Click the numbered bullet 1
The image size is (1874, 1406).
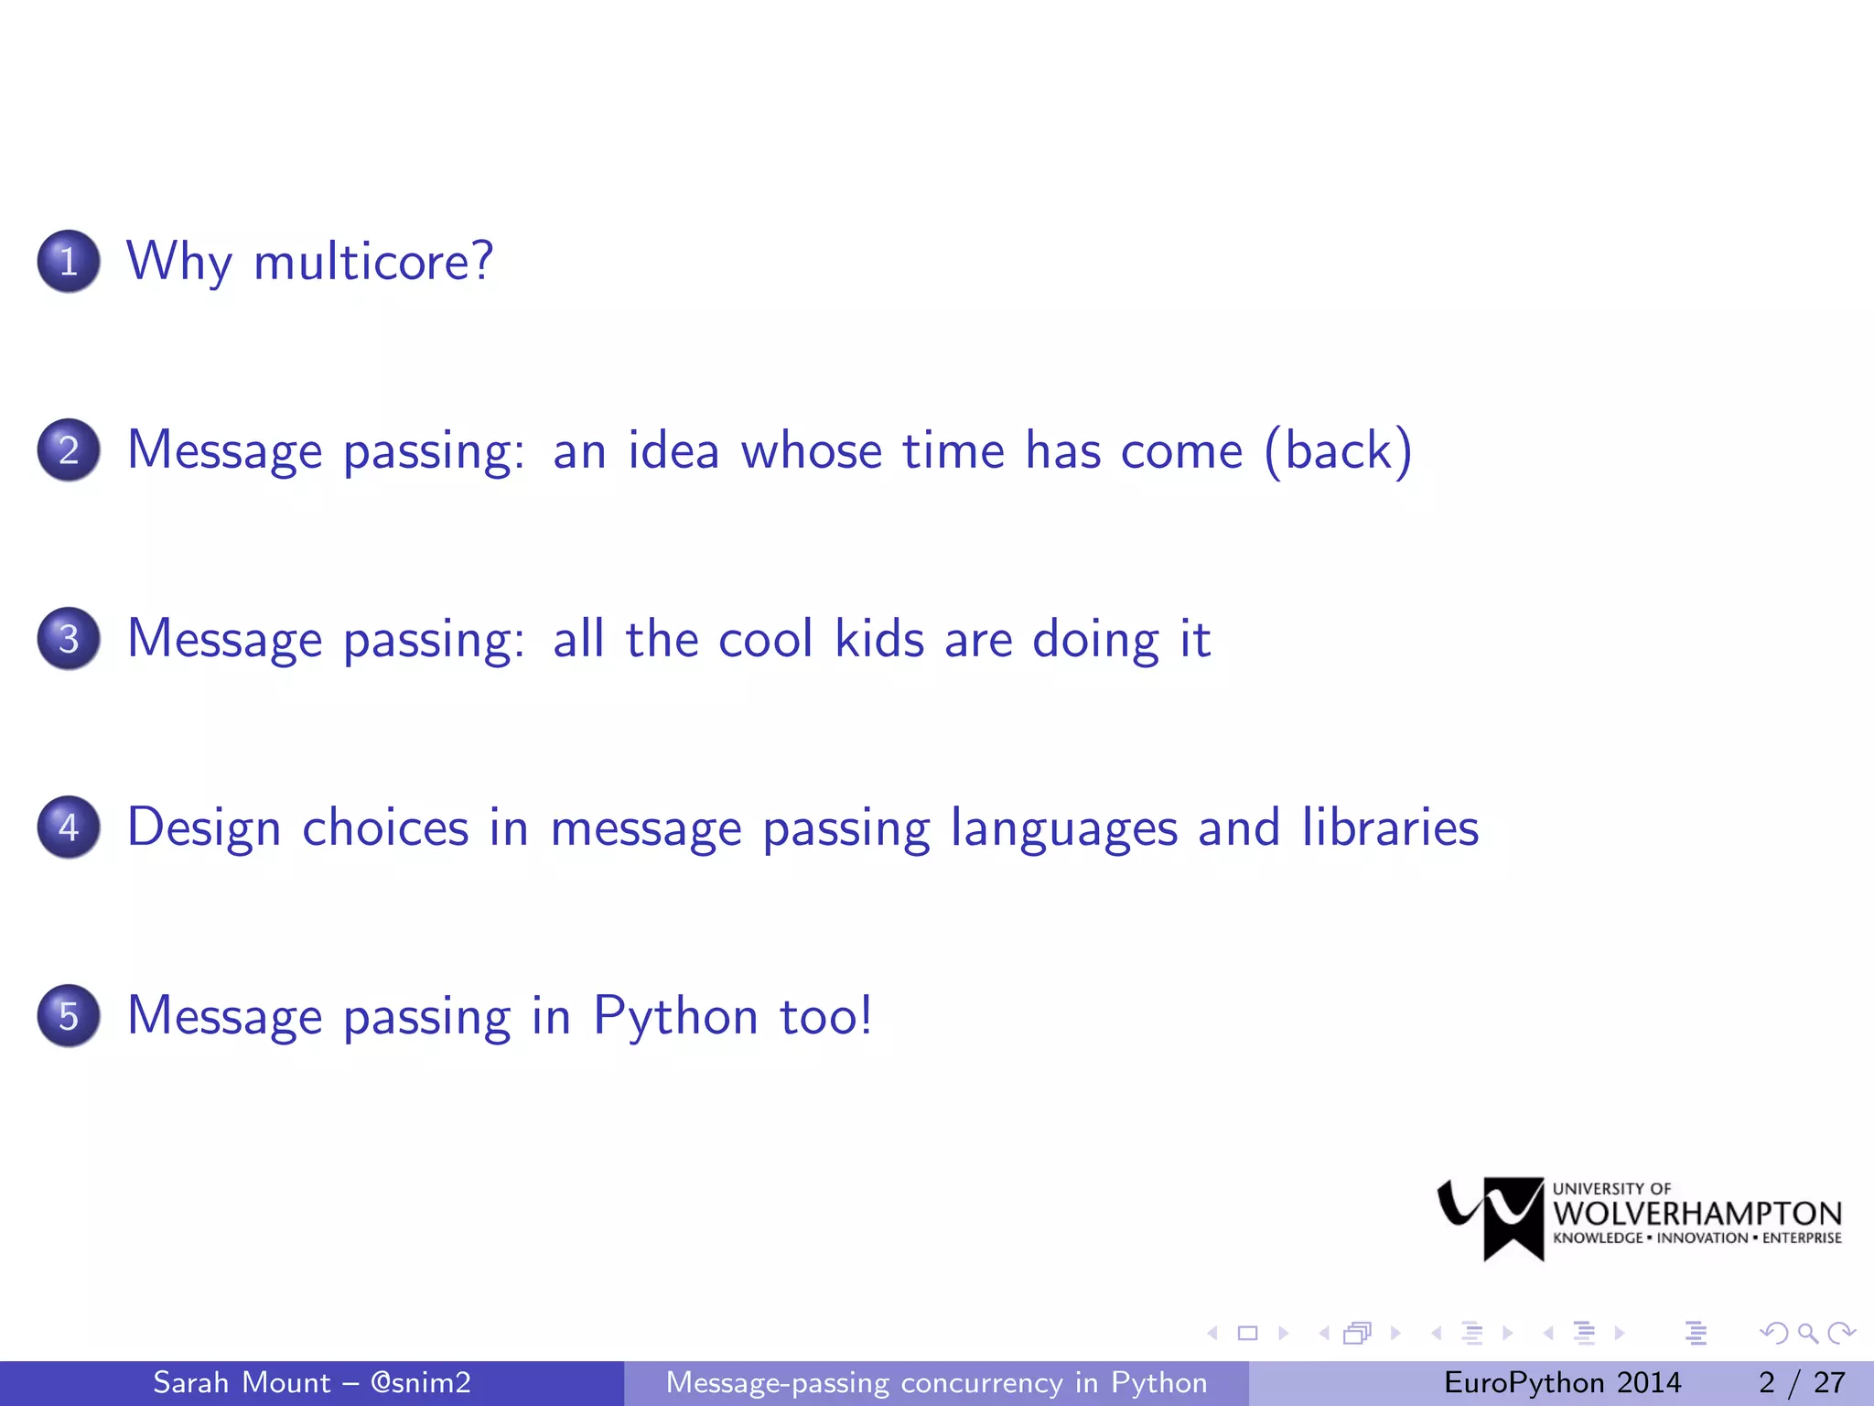(x=69, y=262)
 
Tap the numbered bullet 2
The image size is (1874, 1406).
(x=69, y=450)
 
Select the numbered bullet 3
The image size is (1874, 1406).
(x=69, y=639)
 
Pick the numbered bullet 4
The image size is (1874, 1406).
(x=69, y=827)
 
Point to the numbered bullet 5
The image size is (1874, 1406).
(x=69, y=1016)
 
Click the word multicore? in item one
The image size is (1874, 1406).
(x=373, y=262)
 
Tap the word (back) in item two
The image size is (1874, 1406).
(x=1338, y=450)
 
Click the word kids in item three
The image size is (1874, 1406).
(x=878, y=639)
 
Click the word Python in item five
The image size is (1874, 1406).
(x=675, y=1016)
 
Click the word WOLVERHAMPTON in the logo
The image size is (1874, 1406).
(x=1697, y=1214)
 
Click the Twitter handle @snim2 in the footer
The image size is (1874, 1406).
(x=420, y=1382)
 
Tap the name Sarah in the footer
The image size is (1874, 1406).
(x=190, y=1382)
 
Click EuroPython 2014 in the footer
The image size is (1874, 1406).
(x=1562, y=1382)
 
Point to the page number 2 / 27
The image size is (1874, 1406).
(x=1801, y=1382)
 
